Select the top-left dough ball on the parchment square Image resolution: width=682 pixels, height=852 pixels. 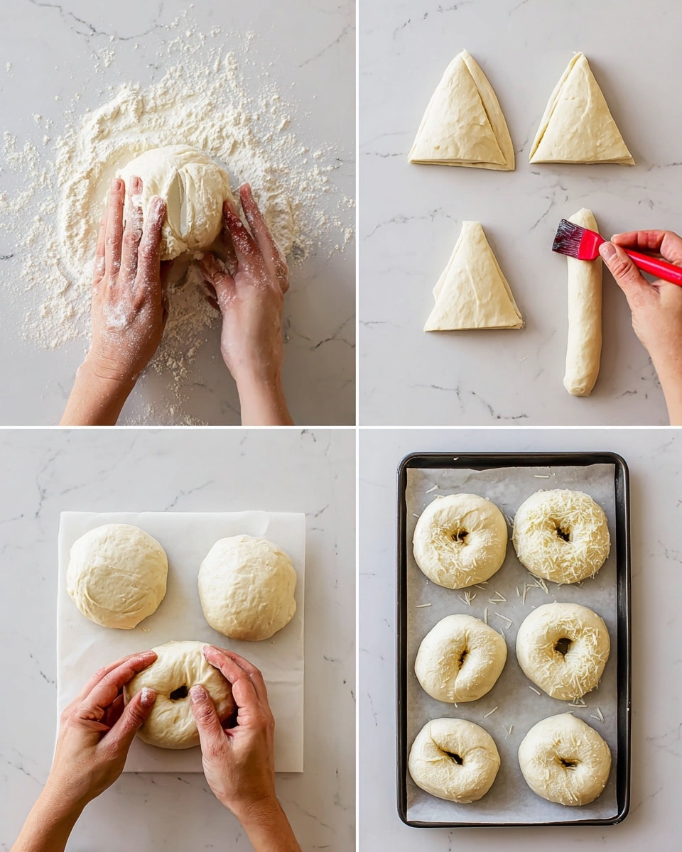click(x=117, y=576)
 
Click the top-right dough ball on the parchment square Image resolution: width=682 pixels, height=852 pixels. click(x=247, y=586)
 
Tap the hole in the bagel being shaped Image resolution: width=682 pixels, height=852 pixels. click(x=178, y=692)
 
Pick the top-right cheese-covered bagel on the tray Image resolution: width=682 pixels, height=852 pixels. click(x=561, y=535)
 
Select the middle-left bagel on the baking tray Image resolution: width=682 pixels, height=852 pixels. click(x=460, y=658)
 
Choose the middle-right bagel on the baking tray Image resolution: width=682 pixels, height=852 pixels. click(x=563, y=650)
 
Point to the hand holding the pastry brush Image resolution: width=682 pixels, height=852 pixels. click(x=650, y=291)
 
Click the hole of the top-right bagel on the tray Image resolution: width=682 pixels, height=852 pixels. click(x=562, y=532)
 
